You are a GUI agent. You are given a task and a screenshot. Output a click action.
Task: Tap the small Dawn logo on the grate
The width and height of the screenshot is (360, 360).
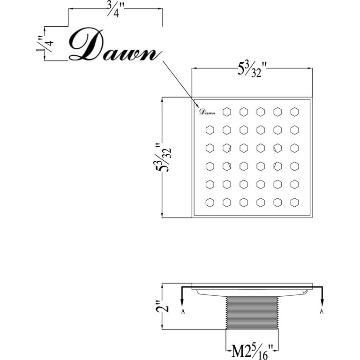click(207, 112)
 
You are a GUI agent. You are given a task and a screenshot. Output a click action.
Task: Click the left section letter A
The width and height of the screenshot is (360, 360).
click(183, 311)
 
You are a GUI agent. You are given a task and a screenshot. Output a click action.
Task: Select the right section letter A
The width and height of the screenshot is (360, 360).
click(322, 311)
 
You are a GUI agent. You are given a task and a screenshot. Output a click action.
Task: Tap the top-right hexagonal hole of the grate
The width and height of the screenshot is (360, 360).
click(294, 112)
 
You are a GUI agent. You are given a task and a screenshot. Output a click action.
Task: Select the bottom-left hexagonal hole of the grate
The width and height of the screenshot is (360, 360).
click(210, 202)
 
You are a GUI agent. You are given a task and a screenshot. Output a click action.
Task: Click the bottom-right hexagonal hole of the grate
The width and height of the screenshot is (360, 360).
click(294, 202)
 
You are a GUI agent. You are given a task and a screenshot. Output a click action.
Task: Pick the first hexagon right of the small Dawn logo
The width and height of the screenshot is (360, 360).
click(227, 112)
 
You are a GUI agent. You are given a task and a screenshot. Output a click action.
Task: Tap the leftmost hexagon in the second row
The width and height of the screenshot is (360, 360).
click(210, 129)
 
